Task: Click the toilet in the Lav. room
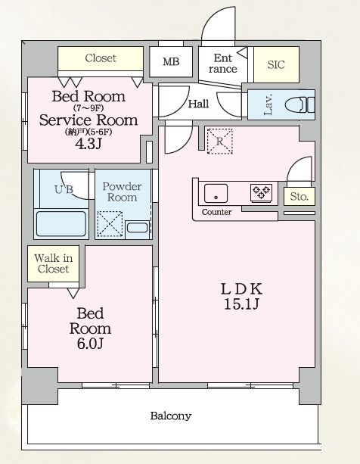pos(299,104)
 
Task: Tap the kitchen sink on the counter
pos(216,193)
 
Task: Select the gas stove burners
pos(261,193)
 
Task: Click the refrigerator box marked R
pos(219,142)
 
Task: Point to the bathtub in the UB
pos(61,223)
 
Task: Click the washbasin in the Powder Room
pos(137,228)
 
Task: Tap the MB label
pos(171,61)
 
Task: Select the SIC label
pos(276,64)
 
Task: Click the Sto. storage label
pos(299,196)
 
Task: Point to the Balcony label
pos(171,416)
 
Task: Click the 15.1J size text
pos(241,304)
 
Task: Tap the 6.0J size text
pos(90,344)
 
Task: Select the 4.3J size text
pos(88,144)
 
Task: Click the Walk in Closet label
pos(53,263)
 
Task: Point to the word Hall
pos(198,104)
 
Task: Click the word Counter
pos(216,212)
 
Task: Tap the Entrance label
pos(222,64)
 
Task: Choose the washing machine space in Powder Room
pos(110,224)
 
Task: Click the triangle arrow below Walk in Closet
pos(73,293)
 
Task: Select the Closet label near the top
pos(101,58)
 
